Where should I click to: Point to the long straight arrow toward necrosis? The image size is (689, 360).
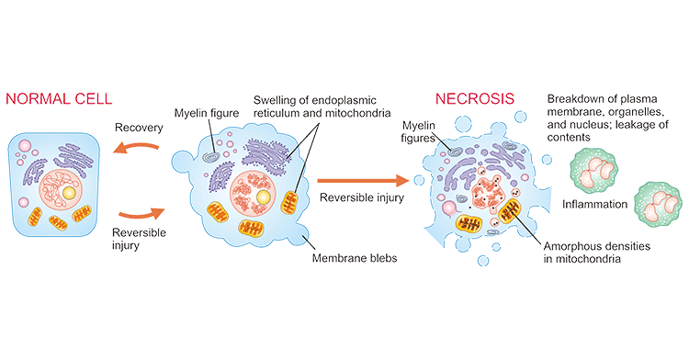point(360,180)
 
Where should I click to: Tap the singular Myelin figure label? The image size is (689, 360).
point(203,114)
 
